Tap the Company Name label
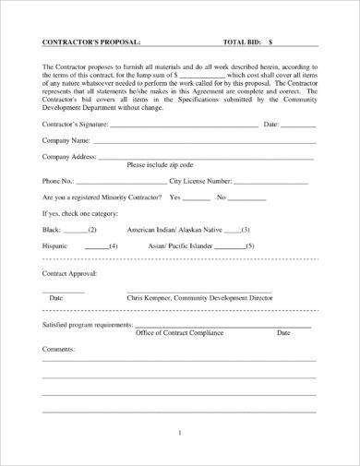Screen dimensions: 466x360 point(66,140)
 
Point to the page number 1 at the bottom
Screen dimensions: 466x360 point(180,431)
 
